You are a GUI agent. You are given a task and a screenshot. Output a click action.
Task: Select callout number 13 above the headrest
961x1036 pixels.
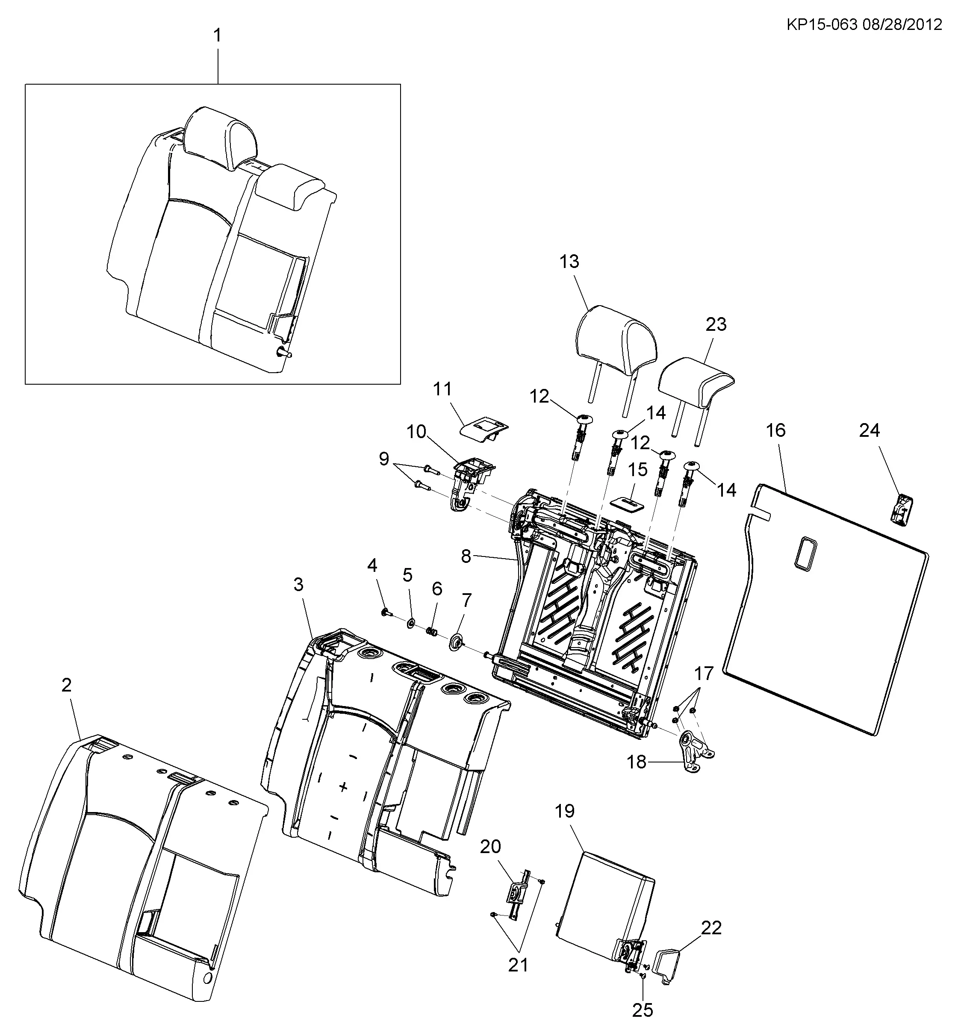coord(569,262)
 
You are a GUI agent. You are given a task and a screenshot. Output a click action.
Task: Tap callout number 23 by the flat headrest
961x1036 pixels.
coord(716,324)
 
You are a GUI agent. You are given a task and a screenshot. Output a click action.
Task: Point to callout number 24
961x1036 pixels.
coord(870,430)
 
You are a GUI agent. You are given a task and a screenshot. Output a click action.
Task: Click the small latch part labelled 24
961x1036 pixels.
coord(901,509)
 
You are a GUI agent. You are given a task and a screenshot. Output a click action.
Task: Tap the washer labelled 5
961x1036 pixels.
coord(410,622)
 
